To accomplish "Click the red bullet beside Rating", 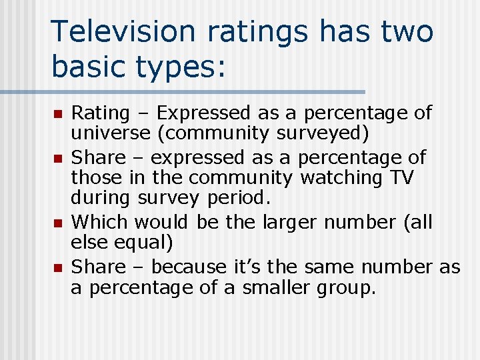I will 58,115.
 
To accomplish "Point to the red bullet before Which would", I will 58,223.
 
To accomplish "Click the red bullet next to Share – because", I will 58,267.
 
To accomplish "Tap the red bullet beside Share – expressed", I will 58,159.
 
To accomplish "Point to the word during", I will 101,199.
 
